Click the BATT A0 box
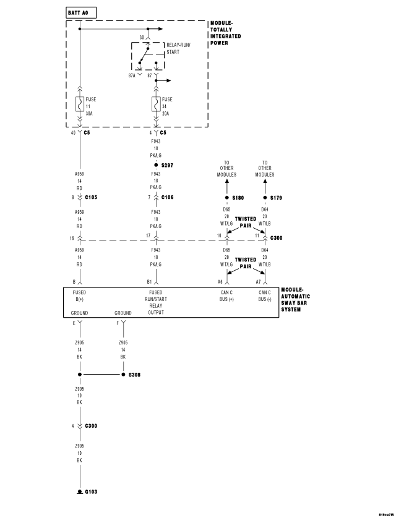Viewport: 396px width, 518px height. click(x=80, y=12)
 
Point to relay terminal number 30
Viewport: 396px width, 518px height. click(x=142, y=37)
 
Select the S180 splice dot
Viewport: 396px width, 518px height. click(x=226, y=198)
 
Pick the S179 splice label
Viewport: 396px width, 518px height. click(x=277, y=198)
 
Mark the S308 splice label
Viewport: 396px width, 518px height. click(x=134, y=375)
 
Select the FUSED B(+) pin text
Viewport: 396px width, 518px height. click(x=79, y=296)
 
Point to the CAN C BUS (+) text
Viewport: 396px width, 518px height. click(x=226, y=296)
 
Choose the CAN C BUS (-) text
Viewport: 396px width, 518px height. click(x=265, y=296)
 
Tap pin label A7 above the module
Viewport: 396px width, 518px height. click(x=259, y=281)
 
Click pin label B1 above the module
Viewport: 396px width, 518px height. click(x=150, y=281)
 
